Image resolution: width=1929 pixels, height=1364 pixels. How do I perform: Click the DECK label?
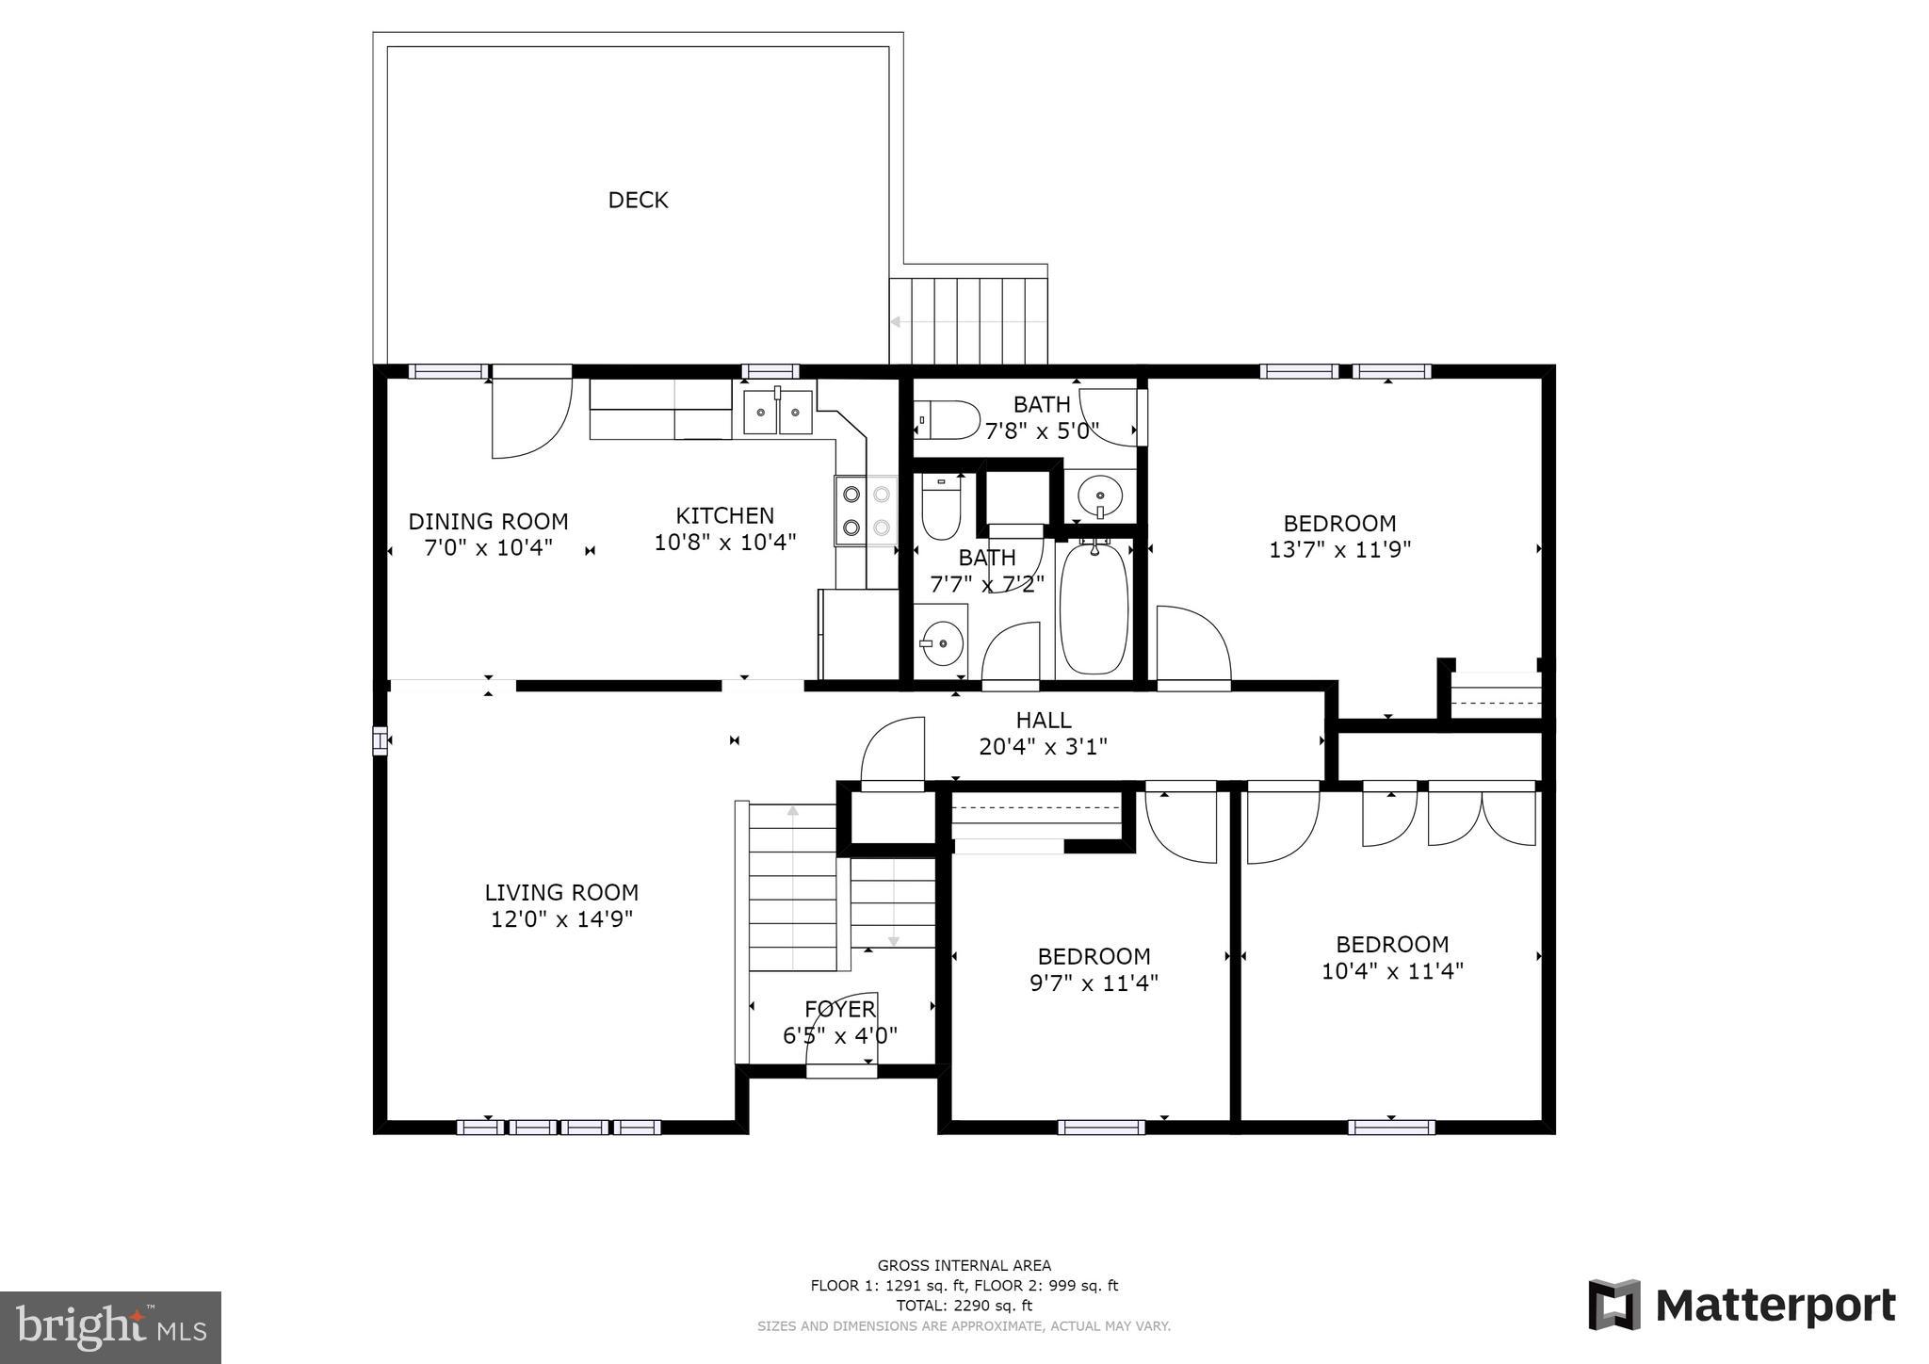[638, 200]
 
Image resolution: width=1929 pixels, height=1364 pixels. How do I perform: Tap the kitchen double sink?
[778, 413]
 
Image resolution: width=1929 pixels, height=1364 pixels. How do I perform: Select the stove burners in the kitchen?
[867, 510]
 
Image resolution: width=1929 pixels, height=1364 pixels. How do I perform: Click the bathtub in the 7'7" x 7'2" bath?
[1094, 608]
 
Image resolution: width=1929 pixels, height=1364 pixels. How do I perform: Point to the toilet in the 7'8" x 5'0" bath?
[948, 419]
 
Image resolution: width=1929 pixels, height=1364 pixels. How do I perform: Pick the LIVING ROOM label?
[561, 892]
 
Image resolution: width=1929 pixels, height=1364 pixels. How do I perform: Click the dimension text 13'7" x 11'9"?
[1339, 549]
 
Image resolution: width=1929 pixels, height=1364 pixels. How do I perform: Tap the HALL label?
[1044, 721]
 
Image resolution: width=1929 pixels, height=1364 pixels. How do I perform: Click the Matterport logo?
[1742, 1306]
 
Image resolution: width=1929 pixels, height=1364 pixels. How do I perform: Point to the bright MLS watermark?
[111, 1327]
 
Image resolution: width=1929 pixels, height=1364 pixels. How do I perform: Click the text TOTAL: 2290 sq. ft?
[964, 1306]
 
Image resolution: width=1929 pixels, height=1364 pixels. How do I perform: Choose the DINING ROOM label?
[488, 522]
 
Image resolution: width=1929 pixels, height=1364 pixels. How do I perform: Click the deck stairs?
[969, 320]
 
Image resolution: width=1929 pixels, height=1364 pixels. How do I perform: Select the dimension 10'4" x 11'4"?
[1392, 970]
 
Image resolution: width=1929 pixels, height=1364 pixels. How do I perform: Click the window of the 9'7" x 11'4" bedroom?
[1101, 1127]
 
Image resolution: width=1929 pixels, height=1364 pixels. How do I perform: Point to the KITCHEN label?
[725, 516]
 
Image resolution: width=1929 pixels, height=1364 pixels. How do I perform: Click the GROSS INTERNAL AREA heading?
[964, 1266]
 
